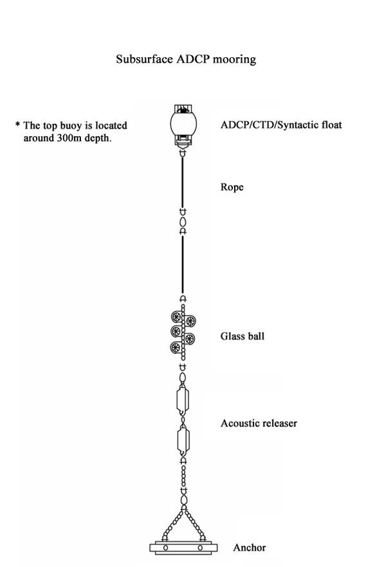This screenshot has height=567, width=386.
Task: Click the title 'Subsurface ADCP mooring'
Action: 186,59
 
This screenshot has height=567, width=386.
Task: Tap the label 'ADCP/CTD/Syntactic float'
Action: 281,125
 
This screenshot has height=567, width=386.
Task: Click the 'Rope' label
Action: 232,188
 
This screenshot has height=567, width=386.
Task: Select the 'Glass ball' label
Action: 243,336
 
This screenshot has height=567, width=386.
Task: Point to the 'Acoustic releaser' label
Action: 259,423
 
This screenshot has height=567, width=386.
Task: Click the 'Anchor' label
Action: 250,548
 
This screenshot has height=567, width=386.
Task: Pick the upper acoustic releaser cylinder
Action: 183,399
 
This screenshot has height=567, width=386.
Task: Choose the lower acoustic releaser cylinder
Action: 183,439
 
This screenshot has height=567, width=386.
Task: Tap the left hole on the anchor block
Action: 165,548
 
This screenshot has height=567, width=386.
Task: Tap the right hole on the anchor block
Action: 200,548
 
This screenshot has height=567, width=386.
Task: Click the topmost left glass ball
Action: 176,317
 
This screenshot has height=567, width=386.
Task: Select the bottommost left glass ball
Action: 176,347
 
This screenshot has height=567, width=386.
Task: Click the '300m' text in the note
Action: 69,138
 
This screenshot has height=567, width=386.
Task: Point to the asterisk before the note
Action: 17,125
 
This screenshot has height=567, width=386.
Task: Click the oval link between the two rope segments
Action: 183,222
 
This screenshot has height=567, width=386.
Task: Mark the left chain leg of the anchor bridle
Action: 172,525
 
